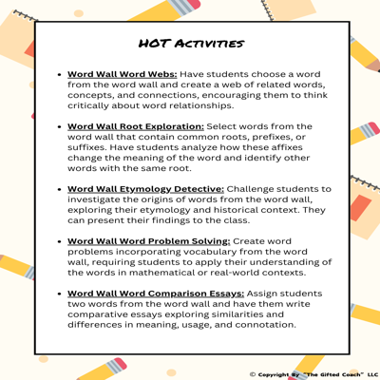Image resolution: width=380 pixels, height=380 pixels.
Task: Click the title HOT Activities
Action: click(x=190, y=44)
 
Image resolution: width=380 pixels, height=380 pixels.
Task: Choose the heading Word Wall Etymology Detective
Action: click(x=145, y=188)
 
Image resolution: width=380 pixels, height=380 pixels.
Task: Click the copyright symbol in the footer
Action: click(x=252, y=374)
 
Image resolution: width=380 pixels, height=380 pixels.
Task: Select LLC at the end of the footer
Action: click(x=371, y=374)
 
